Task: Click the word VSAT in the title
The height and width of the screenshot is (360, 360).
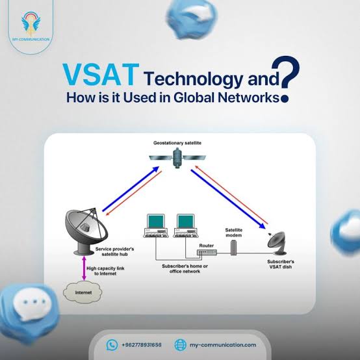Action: (x=101, y=75)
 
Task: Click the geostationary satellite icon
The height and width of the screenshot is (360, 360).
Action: (x=177, y=158)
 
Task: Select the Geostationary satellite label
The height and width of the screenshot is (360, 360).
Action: (x=177, y=143)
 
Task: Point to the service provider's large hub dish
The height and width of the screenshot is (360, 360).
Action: (x=86, y=231)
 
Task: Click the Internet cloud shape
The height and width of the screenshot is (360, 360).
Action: (x=83, y=292)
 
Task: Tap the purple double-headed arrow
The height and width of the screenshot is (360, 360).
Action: (x=84, y=268)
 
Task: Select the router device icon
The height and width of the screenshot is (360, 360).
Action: (x=207, y=252)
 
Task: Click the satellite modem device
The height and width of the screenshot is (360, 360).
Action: (x=233, y=248)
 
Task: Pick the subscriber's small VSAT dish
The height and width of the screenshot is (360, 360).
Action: (x=277, y=243)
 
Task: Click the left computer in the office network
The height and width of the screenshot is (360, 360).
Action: (x=156, y=225)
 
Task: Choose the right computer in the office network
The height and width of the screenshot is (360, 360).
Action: (x=186, y=225)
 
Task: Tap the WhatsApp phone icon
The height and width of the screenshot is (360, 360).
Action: (x=112, y=344)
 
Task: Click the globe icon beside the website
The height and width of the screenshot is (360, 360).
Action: (x=181, y=344)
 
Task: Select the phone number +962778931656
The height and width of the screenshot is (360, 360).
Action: (x=142, y=345)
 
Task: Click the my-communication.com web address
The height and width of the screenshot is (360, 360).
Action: (x=223, y=345)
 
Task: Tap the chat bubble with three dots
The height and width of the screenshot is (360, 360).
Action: (x=31, y=304)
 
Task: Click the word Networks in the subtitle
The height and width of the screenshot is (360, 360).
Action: (x=249, y=97)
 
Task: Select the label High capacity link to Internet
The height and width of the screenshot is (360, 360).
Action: (x=105, y=271)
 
